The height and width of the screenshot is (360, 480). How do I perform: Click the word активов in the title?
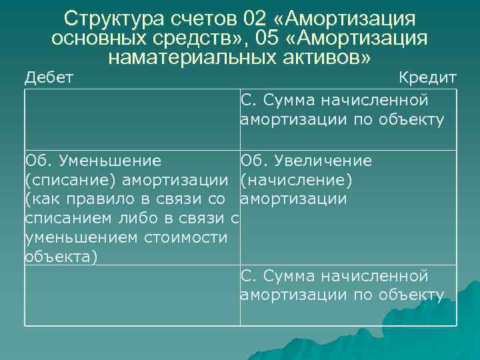click(x=323, y=58)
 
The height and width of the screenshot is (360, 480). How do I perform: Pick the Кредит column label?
click(x=427, y=77)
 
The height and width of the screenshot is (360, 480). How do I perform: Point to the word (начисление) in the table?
click(x=296, y=180)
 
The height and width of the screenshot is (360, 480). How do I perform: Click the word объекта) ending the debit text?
click(x=61, y=257)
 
